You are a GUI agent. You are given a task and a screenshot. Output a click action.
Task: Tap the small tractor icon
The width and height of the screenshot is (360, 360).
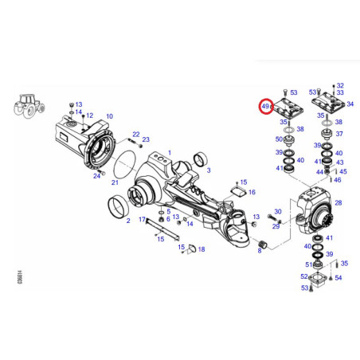click(29, 107)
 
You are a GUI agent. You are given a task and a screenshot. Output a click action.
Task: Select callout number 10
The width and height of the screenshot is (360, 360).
click(110, 116)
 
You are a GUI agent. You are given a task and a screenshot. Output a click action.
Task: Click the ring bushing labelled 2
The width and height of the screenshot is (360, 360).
click(118, 206)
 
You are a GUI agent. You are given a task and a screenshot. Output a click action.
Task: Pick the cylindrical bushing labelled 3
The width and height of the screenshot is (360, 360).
click(201, 159)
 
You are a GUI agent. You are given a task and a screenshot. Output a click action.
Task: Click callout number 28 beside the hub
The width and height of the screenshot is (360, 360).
click(338, 203)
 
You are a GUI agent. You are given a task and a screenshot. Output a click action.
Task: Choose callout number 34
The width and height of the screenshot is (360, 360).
click(350, 104)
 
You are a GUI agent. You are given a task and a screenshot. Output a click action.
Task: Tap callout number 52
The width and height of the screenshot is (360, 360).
click(304, 276)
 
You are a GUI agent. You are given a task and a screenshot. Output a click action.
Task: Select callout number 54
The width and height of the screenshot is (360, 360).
click(338, 278)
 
